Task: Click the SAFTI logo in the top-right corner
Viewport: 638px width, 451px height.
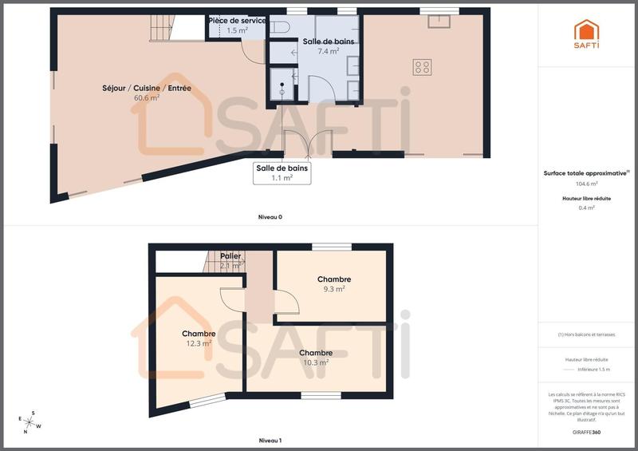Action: [x=587, y=34]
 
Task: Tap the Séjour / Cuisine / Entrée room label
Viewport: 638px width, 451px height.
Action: [x=146, y=88]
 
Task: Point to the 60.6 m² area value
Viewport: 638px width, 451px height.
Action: [x=147, y=98]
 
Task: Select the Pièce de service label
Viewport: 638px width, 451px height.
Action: [x=237, y=20]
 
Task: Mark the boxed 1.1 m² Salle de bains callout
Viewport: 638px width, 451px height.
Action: [x=282, y=173]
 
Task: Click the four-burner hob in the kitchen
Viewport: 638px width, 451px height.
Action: [x=422, y=68]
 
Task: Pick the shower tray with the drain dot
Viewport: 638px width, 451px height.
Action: [x=280, y=83]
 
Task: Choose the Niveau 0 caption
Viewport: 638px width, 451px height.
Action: [x=270, y=217]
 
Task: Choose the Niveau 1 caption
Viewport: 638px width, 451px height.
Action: [x=270, y=441]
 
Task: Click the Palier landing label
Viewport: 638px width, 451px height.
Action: [x=230, y=256]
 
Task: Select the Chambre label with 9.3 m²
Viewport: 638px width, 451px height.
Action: [x=334, y=279]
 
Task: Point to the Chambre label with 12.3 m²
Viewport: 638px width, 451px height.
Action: [x=199, y=334]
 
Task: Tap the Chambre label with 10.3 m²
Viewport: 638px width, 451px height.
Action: [x=316, y=353]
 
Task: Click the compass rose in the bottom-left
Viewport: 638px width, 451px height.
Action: [x=30, y=422]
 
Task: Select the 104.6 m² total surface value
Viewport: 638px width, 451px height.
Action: [x=588, y=183]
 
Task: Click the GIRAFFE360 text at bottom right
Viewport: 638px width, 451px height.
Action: [x=588, y=431]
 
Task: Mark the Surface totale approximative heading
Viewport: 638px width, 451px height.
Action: [x=586, y=172]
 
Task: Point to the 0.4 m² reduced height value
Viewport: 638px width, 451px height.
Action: [x=588, y=208]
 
